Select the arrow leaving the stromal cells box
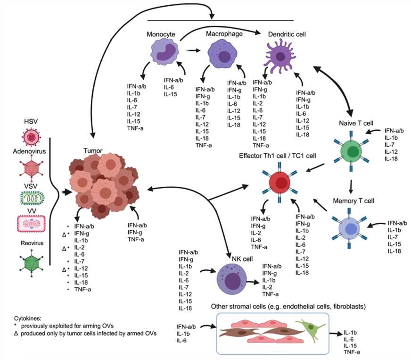pyautogui.click(x=335, y=334)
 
